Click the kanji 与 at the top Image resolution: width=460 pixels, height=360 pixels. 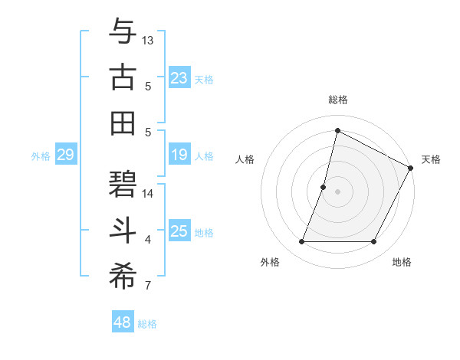coord(123,32)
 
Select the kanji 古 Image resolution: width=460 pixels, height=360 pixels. coord(123,77)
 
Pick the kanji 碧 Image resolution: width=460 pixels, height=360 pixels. coord(123,182)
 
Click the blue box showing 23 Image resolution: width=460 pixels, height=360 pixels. coord(179,78)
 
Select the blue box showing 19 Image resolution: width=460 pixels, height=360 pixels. coord(179,155)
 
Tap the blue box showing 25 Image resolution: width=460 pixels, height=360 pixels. coord(179,232)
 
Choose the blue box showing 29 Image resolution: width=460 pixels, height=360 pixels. coord(65,155)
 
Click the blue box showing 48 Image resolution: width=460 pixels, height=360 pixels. coord(123,322)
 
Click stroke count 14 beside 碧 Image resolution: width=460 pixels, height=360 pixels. coord(148,193)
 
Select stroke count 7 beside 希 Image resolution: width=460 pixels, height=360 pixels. coord(148,286)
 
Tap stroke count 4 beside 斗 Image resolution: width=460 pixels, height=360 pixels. coord(148,240)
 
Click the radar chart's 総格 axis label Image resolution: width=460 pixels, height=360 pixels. coord(338,100)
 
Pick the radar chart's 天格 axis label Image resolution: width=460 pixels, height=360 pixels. coord(431,159)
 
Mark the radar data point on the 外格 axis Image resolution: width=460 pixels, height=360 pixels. coord(301,242)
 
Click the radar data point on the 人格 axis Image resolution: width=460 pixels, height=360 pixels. coord(324,187)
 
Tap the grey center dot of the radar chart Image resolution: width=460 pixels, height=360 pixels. coord(337,191)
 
